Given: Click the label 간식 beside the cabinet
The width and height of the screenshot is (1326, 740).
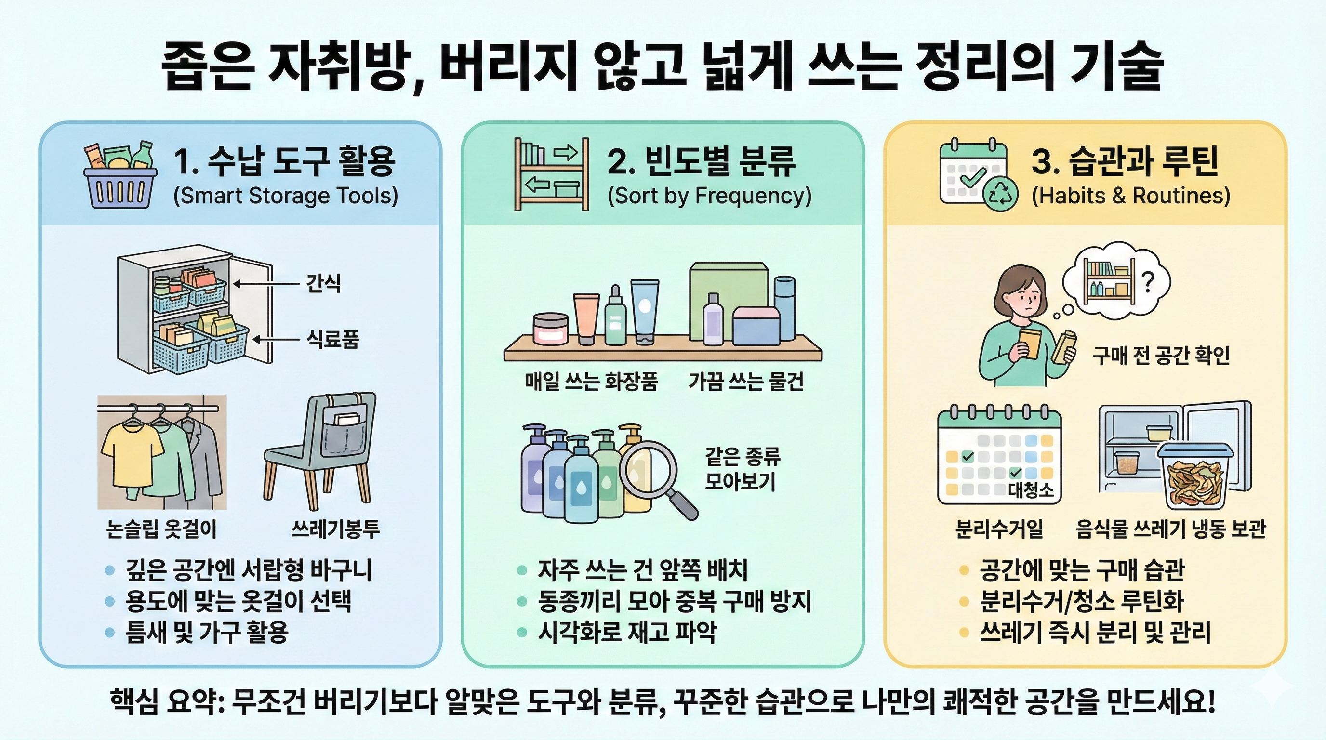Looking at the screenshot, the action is tap(323, 283).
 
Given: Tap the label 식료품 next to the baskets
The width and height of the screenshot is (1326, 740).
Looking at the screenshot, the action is tap(332, 340).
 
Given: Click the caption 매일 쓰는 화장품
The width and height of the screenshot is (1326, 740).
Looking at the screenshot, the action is tap(591, 382).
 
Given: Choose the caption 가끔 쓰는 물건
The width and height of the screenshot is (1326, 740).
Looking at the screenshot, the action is tap(746, 382).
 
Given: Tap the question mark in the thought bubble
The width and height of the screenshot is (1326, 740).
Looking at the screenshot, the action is tap(1148, 281).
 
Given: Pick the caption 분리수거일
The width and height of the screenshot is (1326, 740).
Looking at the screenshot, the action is tap(999, 529).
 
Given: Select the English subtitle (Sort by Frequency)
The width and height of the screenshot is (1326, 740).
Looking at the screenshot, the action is tap(709, 196).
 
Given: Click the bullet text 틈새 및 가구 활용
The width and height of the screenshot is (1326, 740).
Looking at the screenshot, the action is tap(207, 632).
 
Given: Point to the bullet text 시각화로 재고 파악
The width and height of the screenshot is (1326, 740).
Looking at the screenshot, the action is tap(627, 632).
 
